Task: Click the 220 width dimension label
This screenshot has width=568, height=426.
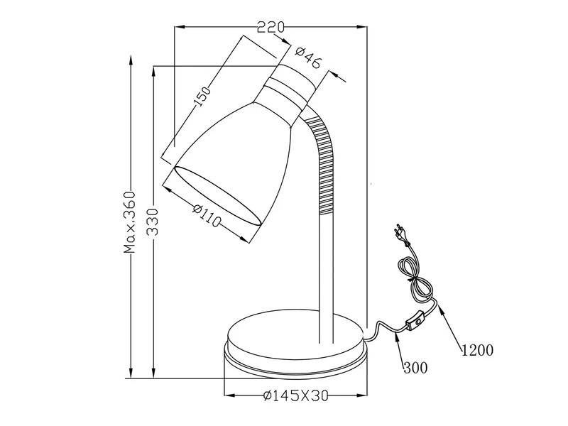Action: coord(271,27)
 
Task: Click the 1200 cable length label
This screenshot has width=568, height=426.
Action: coord(477,350)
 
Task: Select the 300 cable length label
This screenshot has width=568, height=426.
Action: coord(414,368)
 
